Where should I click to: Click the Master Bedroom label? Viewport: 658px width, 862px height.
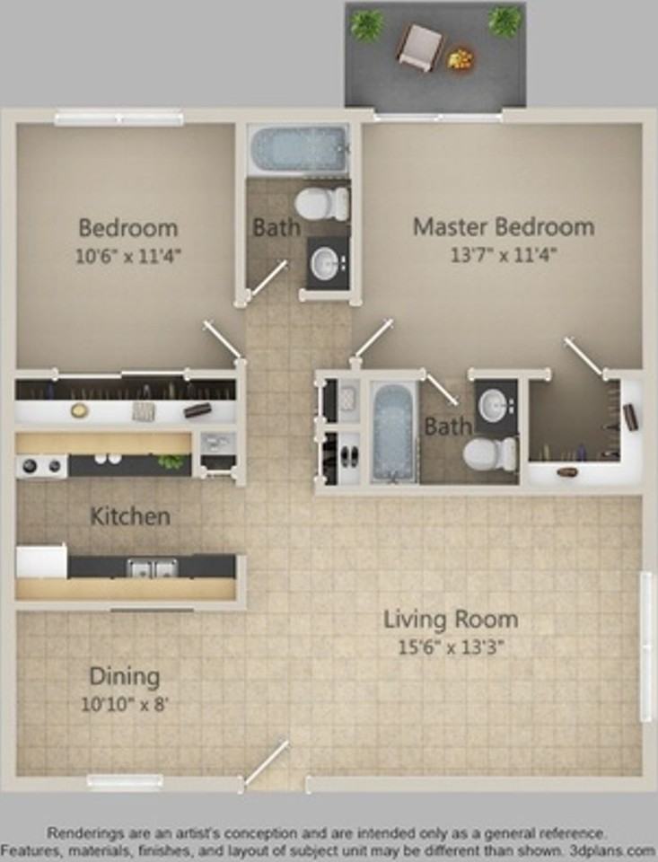[x=503, y=226]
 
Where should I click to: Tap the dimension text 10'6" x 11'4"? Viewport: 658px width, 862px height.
[x=128, y=255]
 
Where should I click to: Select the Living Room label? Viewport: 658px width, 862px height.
[x=451, y=620]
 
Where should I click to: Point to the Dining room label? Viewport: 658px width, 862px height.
[x=125, y=676]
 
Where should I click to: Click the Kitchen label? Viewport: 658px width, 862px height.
[x=130, y=517]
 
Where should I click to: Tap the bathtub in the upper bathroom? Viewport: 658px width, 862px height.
[x=298, y=148]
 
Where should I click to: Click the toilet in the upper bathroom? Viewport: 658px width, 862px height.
[x=321, y=203]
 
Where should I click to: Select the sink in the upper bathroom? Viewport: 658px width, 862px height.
[x=326, y=263]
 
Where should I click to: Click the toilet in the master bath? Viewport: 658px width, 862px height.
[x=489, y=454]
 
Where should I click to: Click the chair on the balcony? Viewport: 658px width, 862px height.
[x=420, y=47]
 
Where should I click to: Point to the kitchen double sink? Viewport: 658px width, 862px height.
[x=150, y=567]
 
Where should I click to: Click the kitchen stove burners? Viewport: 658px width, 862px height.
[x=42, y=466]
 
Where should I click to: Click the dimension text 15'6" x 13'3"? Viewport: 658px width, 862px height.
[x=451, y=646]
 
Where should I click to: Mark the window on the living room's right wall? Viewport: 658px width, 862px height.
[x=645, y=646]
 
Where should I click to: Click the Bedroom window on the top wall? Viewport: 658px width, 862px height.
[x=118, y=118]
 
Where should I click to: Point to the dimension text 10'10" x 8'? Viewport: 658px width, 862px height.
[x=125, y=704]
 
